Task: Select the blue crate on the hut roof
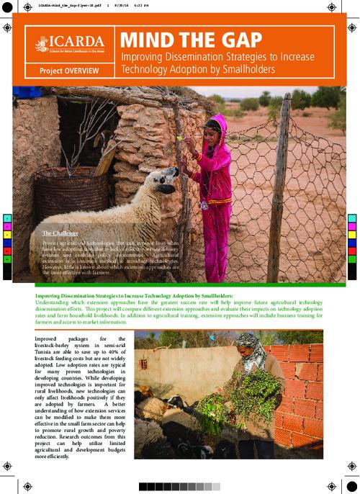pyautogui.click(x=29, y=91)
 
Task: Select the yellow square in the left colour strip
pyautogui.click(x=8, y=234)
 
